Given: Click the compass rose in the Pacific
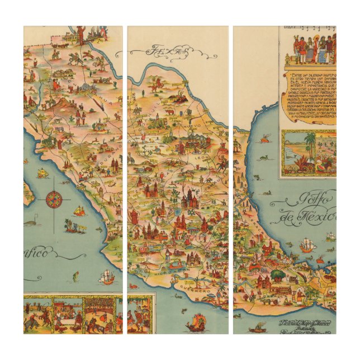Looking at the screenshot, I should [x=54, y=199].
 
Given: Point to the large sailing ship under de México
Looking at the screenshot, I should [x=324, y=245].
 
